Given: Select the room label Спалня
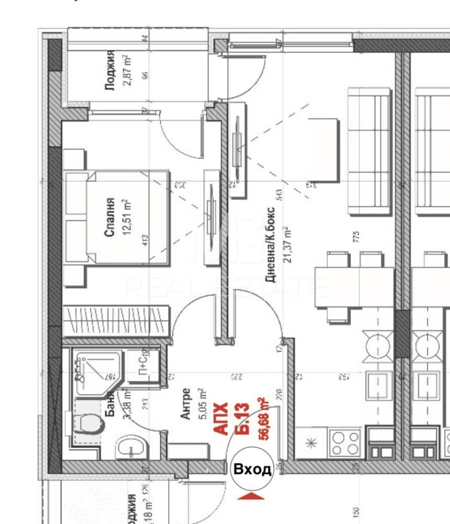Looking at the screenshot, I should (x=110, y=211).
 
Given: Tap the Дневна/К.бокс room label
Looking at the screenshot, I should (x=271, y=245).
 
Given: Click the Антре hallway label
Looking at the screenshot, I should (x=186, y=404).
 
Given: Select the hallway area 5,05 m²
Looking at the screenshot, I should (x=201, y=404).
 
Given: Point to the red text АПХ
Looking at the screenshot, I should (x=221, y=418).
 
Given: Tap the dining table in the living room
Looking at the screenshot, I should (x=354, y=287).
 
